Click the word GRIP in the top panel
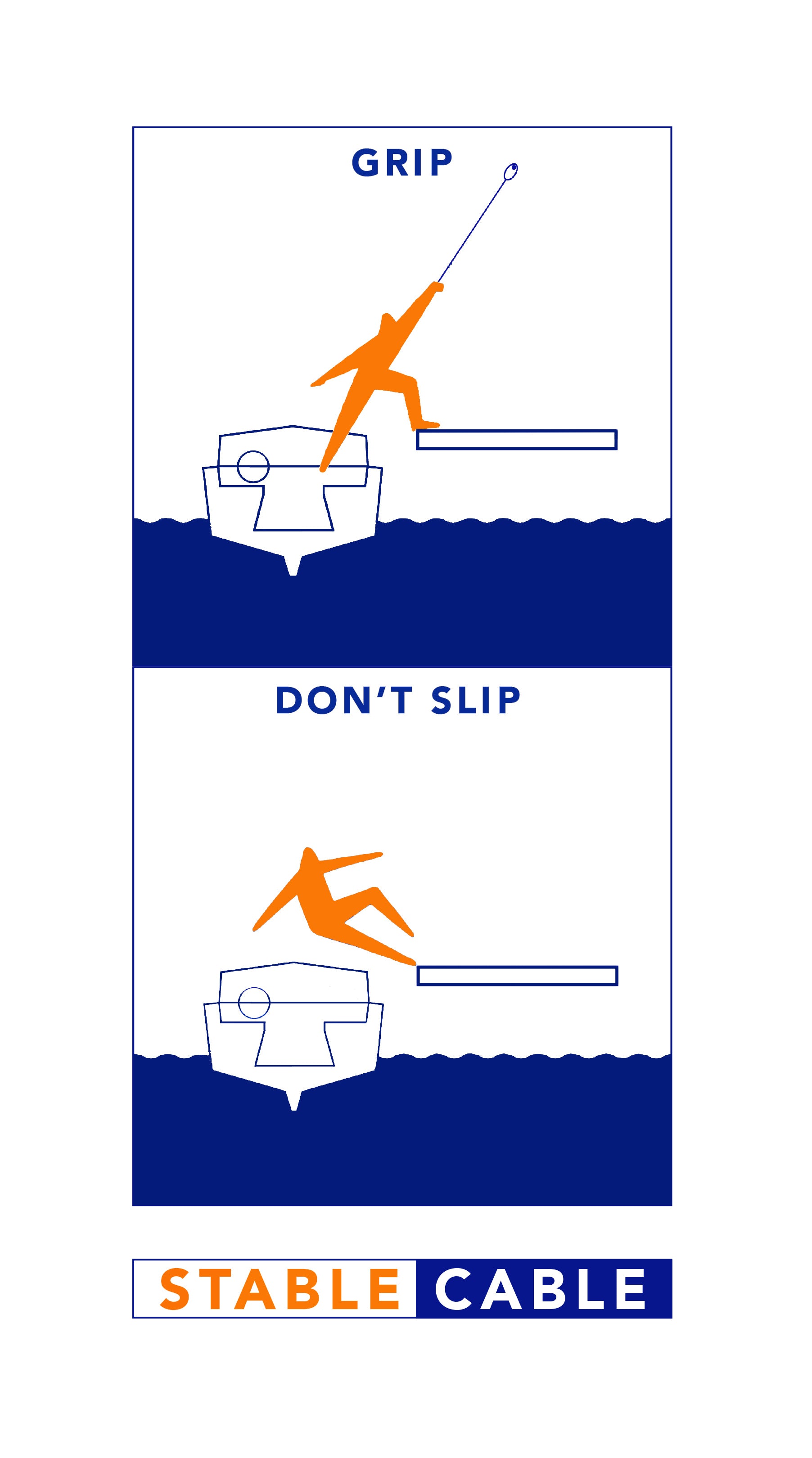(401, 162)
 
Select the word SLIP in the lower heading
(476, 700)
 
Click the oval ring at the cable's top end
(510, 171)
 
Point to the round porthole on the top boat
(253, 466)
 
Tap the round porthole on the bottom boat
(254, 1003)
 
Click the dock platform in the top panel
(516, 440)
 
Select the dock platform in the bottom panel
(517, 976)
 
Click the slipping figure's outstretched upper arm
(351, 860)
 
